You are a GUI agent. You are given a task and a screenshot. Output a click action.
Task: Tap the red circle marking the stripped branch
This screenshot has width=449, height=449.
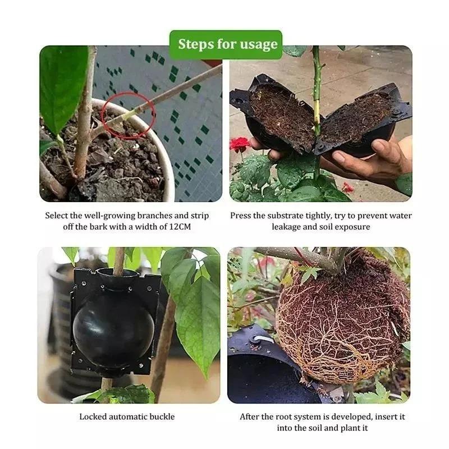[x=130, y=115]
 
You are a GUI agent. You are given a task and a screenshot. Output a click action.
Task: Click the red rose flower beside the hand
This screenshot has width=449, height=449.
[x=240, y=144]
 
